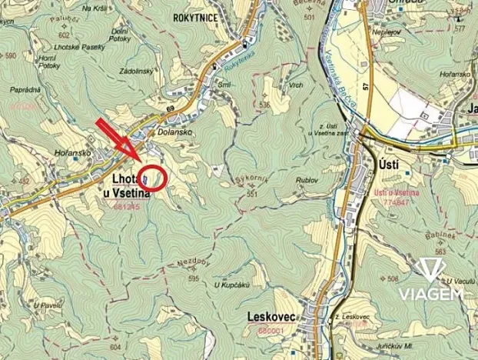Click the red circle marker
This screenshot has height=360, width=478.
pos(154,178)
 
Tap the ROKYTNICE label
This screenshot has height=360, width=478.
pos(196,16)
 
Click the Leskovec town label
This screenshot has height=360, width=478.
pos(270,317)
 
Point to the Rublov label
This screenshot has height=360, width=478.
pos(305,180)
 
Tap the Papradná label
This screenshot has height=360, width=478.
pos(25,90)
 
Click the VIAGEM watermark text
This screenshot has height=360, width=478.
pos(430,295)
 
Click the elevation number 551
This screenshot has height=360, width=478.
pos(251,194)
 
